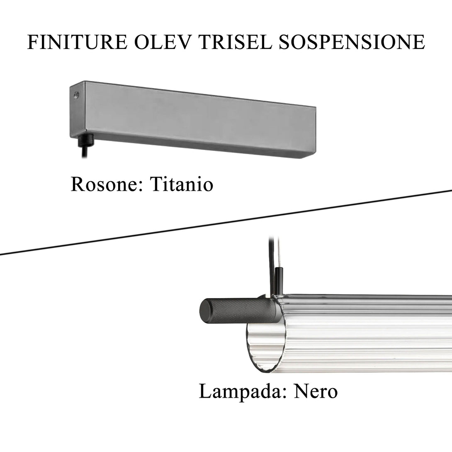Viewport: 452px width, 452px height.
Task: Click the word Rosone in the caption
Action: coord(106,184)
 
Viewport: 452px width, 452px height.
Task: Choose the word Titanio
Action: coord(181,184)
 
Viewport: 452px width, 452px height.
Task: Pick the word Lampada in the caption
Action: coord(243,391)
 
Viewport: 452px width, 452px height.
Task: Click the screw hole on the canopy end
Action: coord(75,95)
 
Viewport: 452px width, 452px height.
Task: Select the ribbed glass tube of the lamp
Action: coord(365,332)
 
